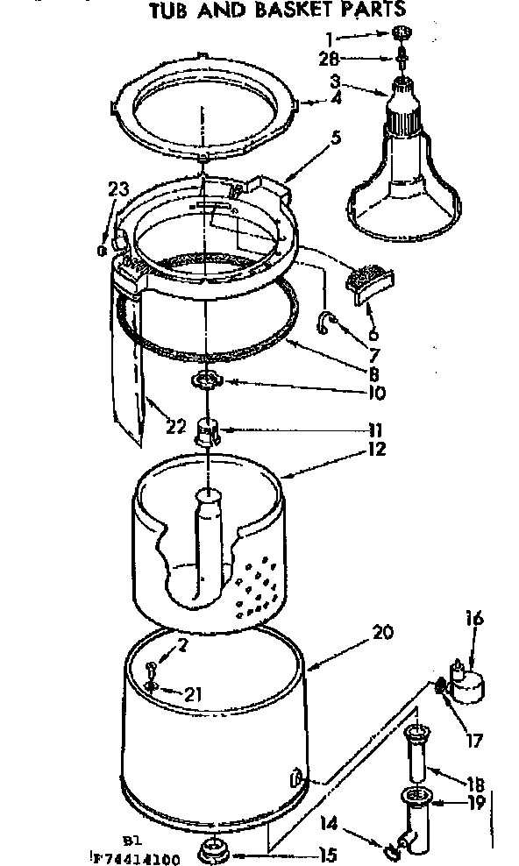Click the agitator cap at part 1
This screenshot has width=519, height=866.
(x=402, y=32)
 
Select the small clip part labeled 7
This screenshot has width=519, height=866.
(x=327, y=323)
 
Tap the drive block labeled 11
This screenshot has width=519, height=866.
(x=207, y=430)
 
